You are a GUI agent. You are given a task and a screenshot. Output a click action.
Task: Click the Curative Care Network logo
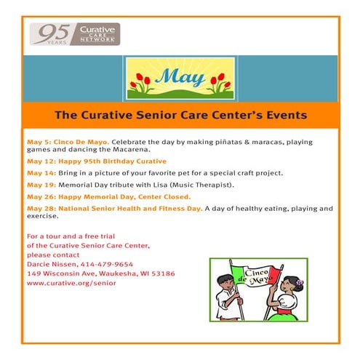[75, 33]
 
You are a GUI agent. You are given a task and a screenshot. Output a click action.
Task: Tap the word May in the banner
[180, 76]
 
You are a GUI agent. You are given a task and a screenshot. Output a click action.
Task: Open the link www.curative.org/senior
[71, 282]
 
